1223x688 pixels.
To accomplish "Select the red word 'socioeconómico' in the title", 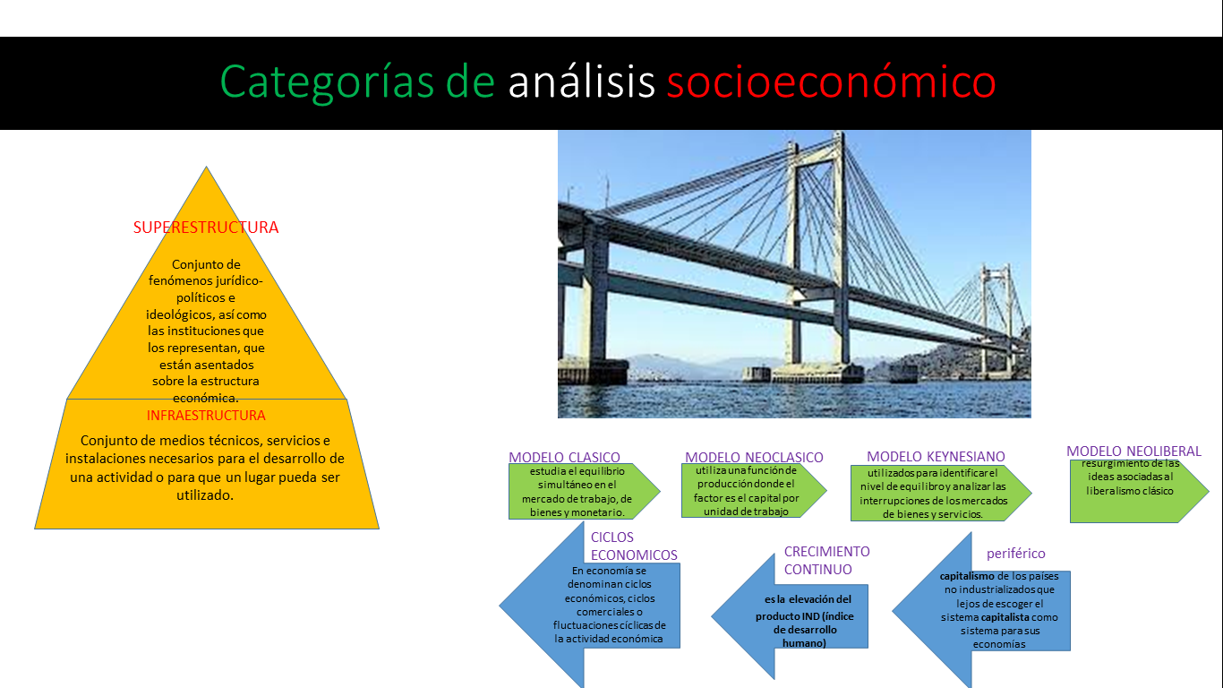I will coord(831,82).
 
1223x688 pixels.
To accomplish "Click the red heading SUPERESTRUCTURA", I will coord(206,228).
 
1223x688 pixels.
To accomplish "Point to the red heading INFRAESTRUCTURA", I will coord(206,416).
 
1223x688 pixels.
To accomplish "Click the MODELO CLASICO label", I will coord(564,457).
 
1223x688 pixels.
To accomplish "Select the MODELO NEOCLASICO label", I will coord(754,458).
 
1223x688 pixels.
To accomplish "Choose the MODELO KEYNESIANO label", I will coord(936,457).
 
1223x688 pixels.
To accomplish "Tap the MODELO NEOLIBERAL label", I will coord(1133,451).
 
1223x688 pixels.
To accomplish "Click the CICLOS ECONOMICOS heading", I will coord(633,546).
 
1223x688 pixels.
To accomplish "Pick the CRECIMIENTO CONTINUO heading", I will coord(826,560).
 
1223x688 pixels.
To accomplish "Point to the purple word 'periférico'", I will coord(1015,554).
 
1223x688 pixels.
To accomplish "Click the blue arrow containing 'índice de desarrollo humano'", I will coord(792,618).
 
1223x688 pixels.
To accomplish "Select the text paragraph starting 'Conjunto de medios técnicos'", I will coord(206,467).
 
